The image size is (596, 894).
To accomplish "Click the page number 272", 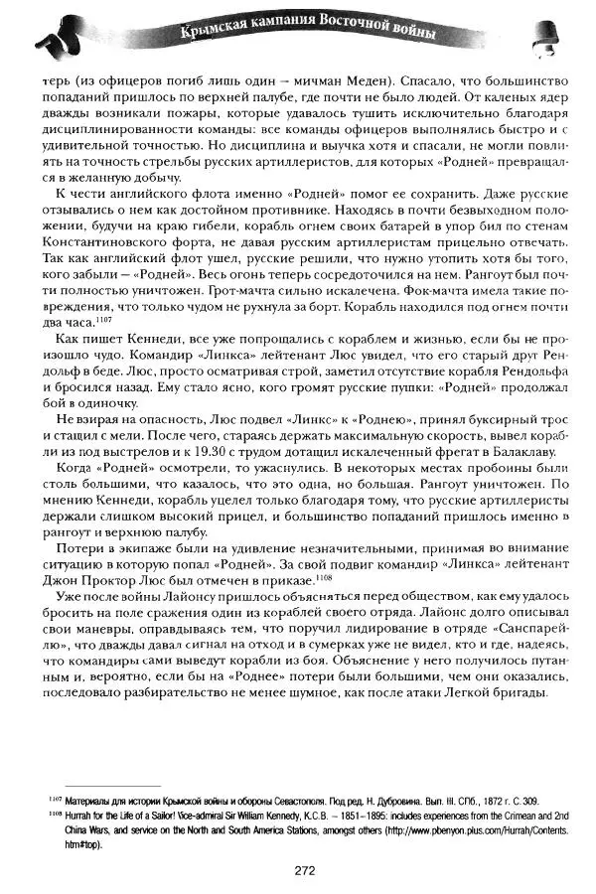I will [x=304, y=870].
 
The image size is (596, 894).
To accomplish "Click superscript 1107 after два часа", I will [x=105, y=320].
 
